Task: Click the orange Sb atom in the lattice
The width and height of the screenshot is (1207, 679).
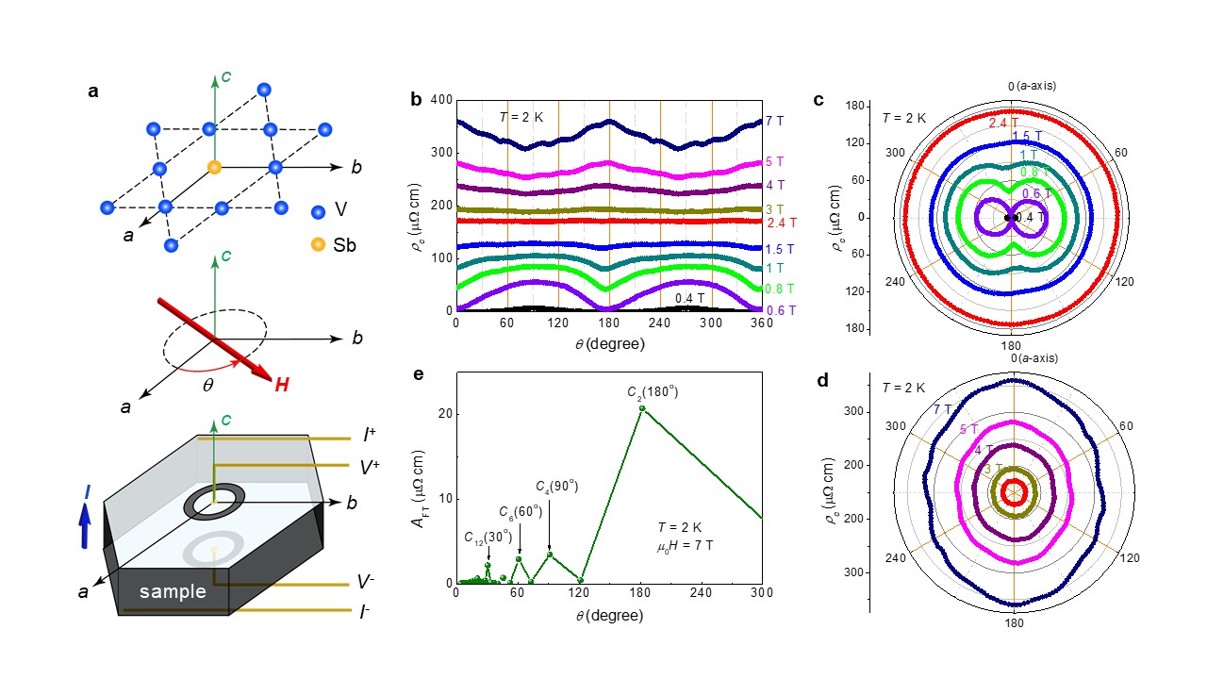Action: coord(215,168)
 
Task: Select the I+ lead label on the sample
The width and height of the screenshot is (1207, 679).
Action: coord(366,437)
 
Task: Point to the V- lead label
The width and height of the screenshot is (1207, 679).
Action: coord(366,585)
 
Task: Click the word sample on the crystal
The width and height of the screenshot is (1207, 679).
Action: coord(172,592)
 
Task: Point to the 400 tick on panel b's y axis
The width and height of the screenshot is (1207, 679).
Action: coord(440,100)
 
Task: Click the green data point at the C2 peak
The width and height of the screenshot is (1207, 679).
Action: coord(642,407)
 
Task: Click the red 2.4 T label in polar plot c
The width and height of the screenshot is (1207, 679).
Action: coord(1002,123)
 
